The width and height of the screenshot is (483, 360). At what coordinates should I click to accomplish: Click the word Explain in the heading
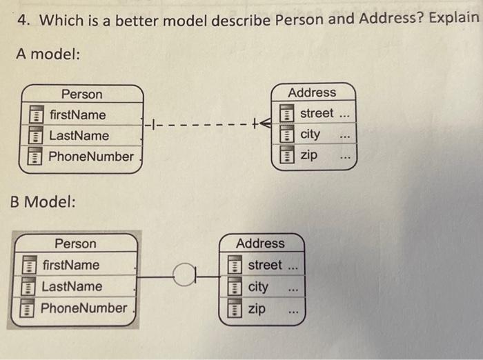pos(453,18)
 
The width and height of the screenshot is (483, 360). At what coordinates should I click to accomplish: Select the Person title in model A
pos(81,94)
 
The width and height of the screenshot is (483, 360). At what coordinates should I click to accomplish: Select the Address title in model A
pos(312,92)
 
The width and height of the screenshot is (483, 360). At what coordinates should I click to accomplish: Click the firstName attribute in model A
pos(77,114)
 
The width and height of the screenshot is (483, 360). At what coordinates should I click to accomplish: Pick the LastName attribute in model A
pos(79,135)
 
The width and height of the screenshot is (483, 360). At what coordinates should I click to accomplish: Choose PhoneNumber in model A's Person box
pos(91,157)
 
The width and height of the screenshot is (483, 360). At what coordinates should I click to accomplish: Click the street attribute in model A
pos(317,112)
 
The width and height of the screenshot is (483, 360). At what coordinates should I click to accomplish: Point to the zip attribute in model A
pos(309,155)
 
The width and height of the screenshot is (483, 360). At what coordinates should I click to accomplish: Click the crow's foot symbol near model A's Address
pos(264,124)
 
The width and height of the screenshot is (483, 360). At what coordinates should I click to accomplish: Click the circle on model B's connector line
pos(181,277)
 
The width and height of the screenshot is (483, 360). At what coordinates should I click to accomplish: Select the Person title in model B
pos(75,243)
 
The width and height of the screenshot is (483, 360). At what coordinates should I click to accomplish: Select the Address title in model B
pos(260,243)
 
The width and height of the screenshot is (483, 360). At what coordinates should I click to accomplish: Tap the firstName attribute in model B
pos(70,265)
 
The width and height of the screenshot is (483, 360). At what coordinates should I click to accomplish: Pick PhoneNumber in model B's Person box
pos(84,308)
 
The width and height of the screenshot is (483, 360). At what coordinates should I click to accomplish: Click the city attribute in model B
pos(258,286)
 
